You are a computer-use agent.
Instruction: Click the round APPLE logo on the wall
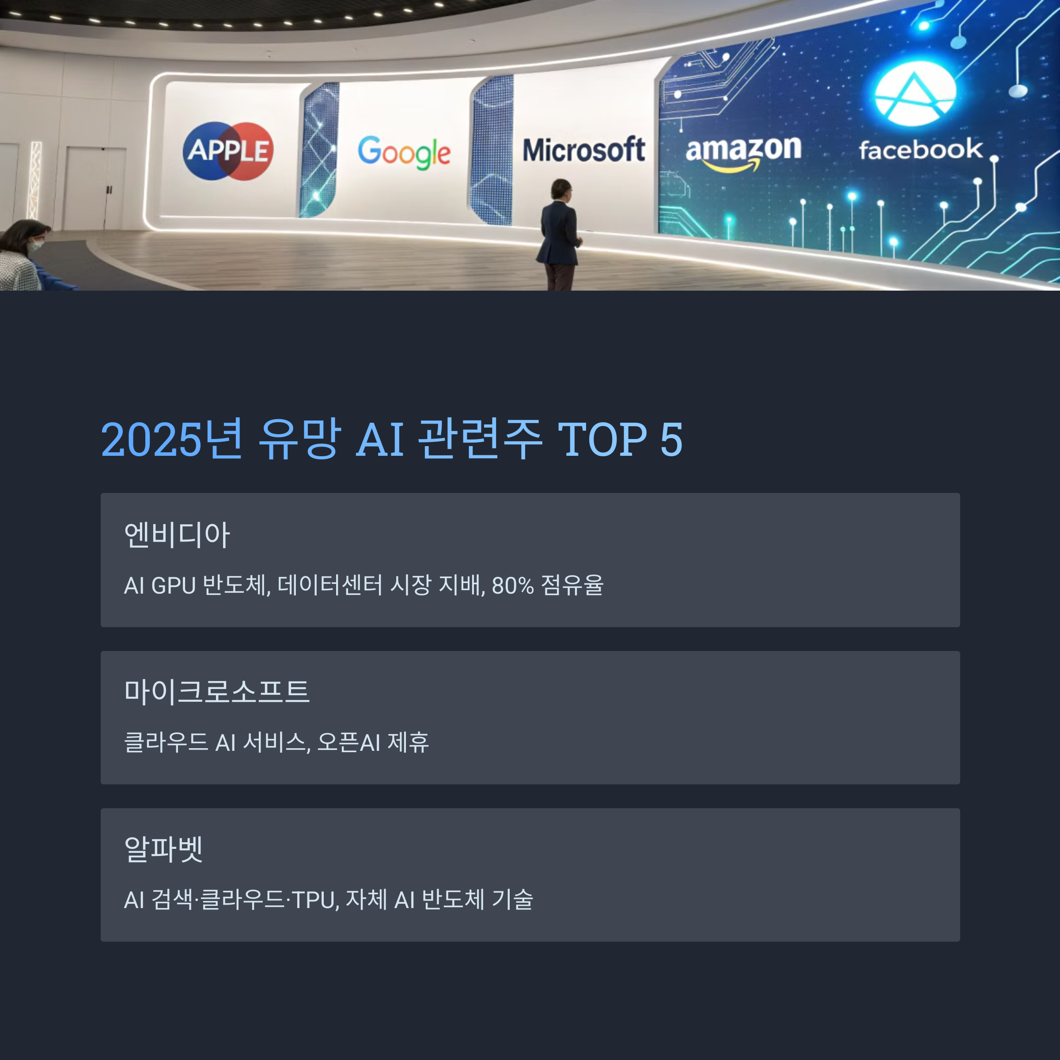point(228,151)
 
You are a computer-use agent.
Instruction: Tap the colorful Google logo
point(404,151)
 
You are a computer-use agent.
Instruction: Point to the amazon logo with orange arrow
point(743,152)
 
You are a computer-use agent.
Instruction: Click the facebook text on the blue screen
point(920,150)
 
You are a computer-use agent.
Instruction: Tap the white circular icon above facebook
point(915,94)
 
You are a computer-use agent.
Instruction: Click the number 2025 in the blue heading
point(151,440)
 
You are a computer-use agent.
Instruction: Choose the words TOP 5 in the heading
point(620,440)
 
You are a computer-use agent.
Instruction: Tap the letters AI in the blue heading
point(380,440)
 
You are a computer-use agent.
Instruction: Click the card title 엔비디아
point(177,535)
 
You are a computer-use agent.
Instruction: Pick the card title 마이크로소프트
point(217,691)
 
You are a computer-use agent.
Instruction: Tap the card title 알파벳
point(163,849)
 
